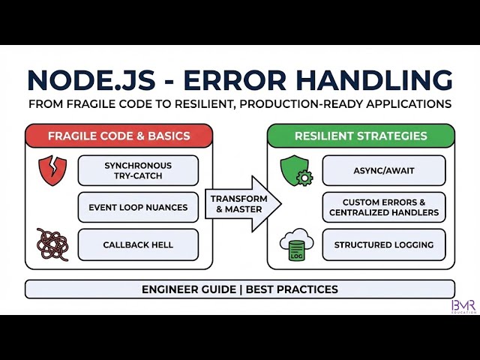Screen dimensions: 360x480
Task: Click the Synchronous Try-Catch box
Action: (138, 170)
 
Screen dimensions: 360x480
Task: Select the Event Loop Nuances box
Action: (138, 207)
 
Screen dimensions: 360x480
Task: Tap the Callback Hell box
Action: (138, 244)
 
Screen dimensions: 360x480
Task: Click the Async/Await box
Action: (384, 170)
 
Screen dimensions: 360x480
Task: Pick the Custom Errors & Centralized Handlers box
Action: (384, 207)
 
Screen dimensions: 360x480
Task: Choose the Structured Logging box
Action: (384, 244)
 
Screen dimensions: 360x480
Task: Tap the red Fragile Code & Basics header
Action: (118, 136)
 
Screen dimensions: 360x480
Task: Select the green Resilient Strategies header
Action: (361, 136)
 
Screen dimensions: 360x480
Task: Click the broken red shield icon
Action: (52, 170)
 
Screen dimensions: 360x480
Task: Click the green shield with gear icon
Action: (294, 171)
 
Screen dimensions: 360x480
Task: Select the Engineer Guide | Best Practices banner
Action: (240, 289)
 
